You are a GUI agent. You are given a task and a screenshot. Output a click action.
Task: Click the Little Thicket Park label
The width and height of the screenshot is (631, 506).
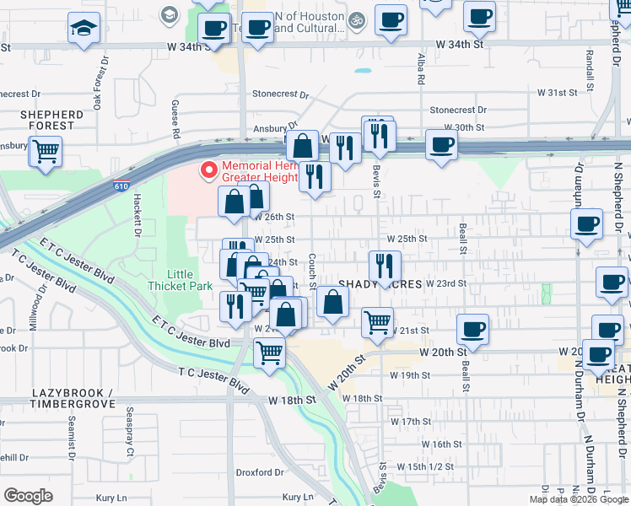190,280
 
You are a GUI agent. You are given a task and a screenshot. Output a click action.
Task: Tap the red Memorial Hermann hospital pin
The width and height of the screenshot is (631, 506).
208,170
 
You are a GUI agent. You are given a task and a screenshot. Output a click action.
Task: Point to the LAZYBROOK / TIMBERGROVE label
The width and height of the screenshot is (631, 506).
73,399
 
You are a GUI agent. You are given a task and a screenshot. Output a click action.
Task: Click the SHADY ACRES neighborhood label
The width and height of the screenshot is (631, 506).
380,284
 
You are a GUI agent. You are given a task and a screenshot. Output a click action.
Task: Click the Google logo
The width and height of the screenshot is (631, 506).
28,496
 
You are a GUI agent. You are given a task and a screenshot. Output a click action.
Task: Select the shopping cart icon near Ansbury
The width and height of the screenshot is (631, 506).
46,152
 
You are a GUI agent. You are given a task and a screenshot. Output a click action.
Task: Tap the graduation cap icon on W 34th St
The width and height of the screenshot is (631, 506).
84,29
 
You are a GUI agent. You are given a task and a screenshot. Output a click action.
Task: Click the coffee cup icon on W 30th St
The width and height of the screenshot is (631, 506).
441,145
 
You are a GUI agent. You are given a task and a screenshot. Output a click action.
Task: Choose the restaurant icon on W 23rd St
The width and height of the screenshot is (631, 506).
384,265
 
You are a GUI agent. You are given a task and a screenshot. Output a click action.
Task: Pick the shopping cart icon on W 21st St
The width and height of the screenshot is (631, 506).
377,321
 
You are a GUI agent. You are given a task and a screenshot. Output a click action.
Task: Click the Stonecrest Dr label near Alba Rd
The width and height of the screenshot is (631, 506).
458,110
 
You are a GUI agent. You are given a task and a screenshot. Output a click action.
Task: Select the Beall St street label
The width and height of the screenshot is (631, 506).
463,238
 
